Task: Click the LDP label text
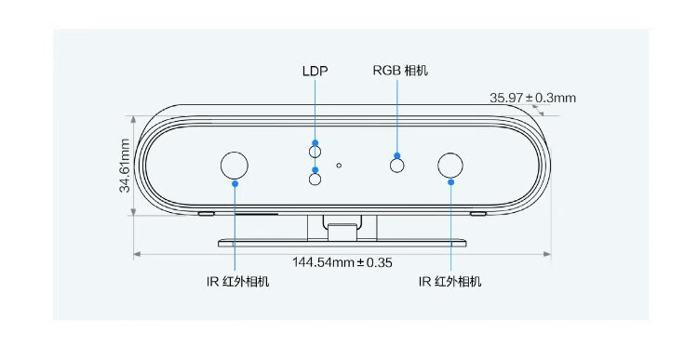(315, 72)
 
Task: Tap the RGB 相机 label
(400, 71)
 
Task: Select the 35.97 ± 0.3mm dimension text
(533, 98)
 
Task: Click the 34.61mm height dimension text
(125, 166)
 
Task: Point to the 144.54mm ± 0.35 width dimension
(342, 262)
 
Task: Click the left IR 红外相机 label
(237, 282)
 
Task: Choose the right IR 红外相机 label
(450, 281)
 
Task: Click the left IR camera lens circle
(235, 165)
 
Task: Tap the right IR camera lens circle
(450, 165)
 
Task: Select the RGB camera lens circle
(397, 166)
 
